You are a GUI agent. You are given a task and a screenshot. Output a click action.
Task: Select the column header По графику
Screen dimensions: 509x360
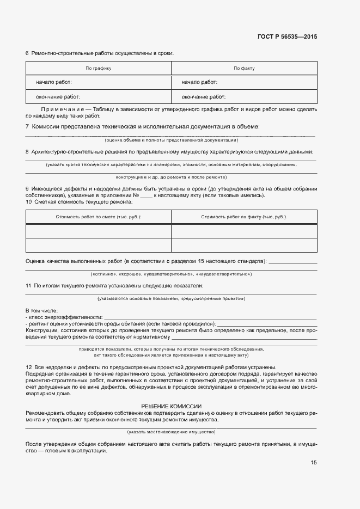pyautogui.click(x=99, y=69)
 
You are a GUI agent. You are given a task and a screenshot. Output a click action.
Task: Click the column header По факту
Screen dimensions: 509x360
pyautogui.click(x=244, y=69)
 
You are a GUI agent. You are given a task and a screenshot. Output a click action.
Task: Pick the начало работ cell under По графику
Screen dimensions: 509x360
pyautogui.click(x=54, y=82)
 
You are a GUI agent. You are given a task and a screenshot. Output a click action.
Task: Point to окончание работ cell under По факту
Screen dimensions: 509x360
pyautogui.click(x=204, y=97)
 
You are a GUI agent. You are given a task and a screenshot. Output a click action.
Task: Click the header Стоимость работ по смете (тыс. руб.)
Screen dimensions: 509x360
pyautogui.click(x=99, y=217)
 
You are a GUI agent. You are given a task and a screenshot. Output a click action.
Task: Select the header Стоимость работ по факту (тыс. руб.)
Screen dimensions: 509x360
pyautogui.click(x=244, y=217)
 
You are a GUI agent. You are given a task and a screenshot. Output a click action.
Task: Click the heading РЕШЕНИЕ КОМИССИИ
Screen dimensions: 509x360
pyautogui.click(x=171, y=406)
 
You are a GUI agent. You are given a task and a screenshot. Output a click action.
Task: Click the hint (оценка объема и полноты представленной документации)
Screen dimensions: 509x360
pyautogui.click(x=171, y=140)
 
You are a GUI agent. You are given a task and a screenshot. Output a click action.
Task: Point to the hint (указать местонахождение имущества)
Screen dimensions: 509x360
pyautogui.click(x=171, y=432)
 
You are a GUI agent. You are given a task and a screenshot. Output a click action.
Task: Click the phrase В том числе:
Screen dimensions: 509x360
pyautogui.click(x=41, y=310)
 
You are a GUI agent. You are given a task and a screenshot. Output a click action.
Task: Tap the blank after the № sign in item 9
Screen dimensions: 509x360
pyautogui.click(x=145, y=195)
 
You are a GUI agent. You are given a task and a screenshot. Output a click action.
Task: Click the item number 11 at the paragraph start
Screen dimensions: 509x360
pyautogui.click(x=29, y=285)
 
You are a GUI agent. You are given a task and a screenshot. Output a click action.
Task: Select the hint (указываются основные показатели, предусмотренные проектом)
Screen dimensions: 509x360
pyautogui.click(x=171, y=298)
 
